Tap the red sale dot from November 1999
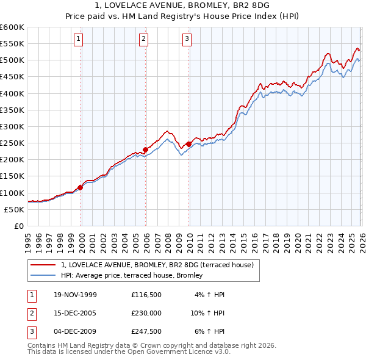pyautogui.click(x=81, y=187)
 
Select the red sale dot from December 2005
pyautogui.click(x=146, y=149)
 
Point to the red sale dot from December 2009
pyautogui.click(x=188, y=144)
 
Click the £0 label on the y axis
pyautogui.click(x=19, y=226)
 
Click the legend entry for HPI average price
pyautogui.click(x=135, y=276)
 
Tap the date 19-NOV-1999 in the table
pyautogui.click(x=74, y=295)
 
